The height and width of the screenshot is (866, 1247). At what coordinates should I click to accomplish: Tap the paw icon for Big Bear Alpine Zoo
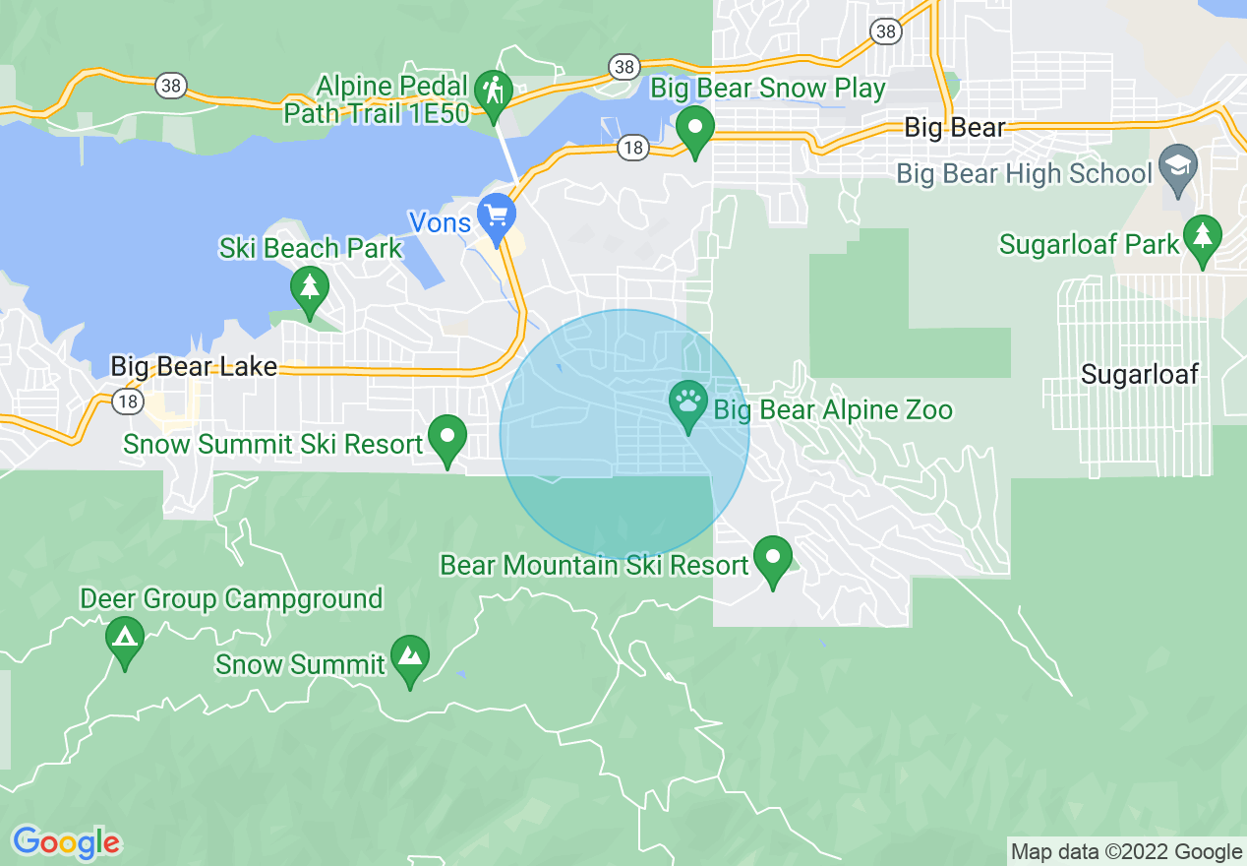688,402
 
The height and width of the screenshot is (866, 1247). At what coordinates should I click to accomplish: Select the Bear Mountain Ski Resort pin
773,557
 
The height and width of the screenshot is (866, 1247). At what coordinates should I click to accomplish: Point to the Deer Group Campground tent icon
124,638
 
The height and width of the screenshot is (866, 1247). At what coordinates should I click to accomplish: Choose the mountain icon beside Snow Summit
410,656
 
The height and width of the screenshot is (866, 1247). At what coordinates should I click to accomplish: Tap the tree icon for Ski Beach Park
310,288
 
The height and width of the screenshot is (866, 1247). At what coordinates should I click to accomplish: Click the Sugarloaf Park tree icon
1202,237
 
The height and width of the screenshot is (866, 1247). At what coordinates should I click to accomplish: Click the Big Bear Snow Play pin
696,129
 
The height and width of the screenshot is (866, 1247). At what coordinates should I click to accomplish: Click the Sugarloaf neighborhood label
1140,374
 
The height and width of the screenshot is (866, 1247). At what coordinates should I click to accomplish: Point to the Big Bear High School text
1024,174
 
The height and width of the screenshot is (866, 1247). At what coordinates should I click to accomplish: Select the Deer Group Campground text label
231,598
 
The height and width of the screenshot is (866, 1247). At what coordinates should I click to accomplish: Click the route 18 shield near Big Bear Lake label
126,402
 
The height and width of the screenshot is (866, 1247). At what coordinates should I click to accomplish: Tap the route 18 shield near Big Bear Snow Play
632,149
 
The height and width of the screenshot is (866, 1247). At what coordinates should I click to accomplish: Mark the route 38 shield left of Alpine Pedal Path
171,86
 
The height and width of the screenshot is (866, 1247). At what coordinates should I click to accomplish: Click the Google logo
66,842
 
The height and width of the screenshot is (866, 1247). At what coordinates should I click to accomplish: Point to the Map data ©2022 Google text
1127,851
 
